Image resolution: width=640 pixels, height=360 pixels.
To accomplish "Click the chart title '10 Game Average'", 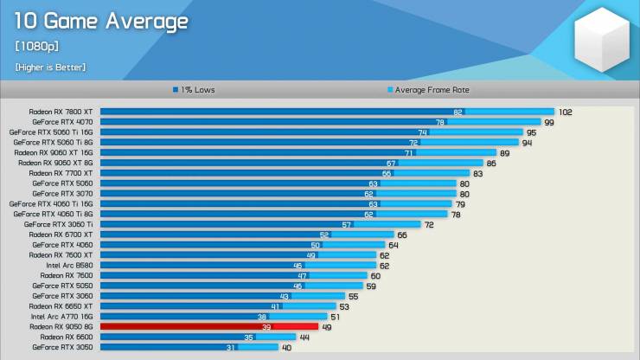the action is point(101,22).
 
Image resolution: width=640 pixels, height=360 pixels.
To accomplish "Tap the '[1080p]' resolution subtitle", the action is point(36,46).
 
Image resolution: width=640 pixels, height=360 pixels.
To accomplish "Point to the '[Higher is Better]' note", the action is point(51,67).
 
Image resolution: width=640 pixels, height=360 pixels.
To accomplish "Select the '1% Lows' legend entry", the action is point(194,90).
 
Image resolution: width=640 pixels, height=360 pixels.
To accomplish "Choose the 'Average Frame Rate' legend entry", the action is point(428,90).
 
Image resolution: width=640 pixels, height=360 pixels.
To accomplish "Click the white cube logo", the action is point(602,40).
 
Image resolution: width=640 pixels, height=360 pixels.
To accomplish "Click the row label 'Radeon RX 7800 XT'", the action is point(61,112).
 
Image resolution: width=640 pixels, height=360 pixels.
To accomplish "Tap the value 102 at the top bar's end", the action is point(566,112).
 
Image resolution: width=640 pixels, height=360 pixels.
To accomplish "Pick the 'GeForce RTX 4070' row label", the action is point(62,122).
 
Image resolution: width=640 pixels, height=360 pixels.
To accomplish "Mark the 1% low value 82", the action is point(458,112).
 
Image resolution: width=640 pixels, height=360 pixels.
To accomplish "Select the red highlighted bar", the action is point(209,326).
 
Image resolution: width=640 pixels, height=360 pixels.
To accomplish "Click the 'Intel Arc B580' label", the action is point(69,265).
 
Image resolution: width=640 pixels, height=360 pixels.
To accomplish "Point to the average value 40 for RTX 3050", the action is point(286,348).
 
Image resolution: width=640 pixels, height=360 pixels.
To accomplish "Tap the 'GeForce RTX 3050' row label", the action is point(62,347).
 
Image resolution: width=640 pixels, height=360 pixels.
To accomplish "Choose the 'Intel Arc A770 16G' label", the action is point(61,316).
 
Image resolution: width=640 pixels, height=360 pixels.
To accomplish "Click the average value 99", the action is point(549,122).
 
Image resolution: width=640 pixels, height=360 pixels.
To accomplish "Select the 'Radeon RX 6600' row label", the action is point(67,337).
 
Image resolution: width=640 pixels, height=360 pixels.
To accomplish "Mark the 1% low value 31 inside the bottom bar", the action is point(231,347).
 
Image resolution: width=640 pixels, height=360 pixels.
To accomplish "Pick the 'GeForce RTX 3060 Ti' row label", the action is point(58,224).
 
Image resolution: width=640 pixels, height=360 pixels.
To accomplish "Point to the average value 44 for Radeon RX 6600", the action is point(304,337).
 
